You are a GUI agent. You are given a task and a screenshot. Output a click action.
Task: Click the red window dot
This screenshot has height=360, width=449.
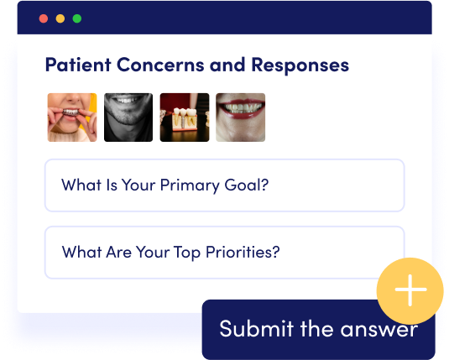pos(44,18)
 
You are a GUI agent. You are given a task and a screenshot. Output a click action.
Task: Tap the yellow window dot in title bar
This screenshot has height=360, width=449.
pos(60,18)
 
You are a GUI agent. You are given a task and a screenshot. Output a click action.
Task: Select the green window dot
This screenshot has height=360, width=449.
pos(77,18)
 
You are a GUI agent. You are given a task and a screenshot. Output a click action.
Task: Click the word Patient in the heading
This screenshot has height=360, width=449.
pos(78,65)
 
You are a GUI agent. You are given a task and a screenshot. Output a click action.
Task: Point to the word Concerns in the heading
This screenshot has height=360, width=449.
pos(160,65)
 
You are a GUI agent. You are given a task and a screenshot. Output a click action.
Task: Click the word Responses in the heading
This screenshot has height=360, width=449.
pos(300,65)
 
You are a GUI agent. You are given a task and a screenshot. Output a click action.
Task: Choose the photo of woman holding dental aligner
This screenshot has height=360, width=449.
pos(72,117)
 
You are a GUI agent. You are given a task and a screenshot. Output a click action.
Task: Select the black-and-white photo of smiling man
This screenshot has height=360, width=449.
pos(128,117)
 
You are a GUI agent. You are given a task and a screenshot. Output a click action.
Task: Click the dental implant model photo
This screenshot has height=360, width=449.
pos(185,117)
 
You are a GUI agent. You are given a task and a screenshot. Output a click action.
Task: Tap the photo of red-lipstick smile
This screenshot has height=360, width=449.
pos(241,117)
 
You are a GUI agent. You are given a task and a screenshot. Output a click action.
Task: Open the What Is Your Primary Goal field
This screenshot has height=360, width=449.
pos(225,185)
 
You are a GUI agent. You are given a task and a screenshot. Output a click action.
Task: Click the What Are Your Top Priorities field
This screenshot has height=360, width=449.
pos(225,253)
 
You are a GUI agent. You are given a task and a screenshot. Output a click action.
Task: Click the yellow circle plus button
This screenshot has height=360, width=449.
pos(410,290)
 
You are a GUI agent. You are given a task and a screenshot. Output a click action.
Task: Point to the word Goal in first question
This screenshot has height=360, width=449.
pos(247,185)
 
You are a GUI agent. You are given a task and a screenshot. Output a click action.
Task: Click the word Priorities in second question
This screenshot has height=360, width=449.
pos(243,253)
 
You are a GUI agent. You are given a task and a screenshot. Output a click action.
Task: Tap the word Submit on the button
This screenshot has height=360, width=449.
pos(257,328)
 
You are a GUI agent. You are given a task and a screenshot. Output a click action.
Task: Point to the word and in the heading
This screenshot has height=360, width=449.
pos(227,65)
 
